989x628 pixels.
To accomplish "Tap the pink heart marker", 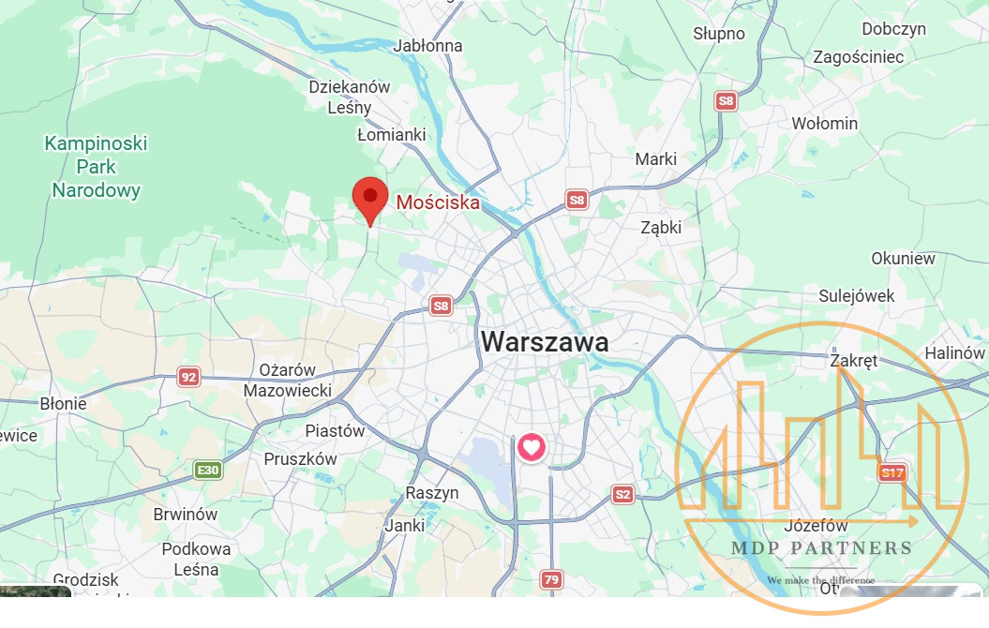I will [532, 447].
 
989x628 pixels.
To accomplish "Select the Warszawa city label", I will [545, 342].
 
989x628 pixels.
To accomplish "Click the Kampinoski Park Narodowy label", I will [96, 168].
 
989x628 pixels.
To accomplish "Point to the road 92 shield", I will [189, 377].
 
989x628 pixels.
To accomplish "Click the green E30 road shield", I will [207, 470].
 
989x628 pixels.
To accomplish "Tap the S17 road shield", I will [892, 473].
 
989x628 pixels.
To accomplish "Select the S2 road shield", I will [623, 494].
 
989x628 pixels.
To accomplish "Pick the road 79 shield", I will [551, 580].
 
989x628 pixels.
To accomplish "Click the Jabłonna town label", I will [428, 45].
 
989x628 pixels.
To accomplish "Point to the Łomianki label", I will [392, 135].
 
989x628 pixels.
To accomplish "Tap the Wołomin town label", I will [824, 124].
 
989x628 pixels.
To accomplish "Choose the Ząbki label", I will [661, 227].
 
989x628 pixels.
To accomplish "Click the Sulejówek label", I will [857, 296].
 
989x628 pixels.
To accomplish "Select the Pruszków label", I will [300, 459].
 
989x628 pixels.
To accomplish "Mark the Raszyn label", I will [432, 493].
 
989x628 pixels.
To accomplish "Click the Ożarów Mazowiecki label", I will [288, 380].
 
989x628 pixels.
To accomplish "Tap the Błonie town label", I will [64, 404].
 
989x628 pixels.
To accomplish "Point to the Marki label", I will [655, 159].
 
